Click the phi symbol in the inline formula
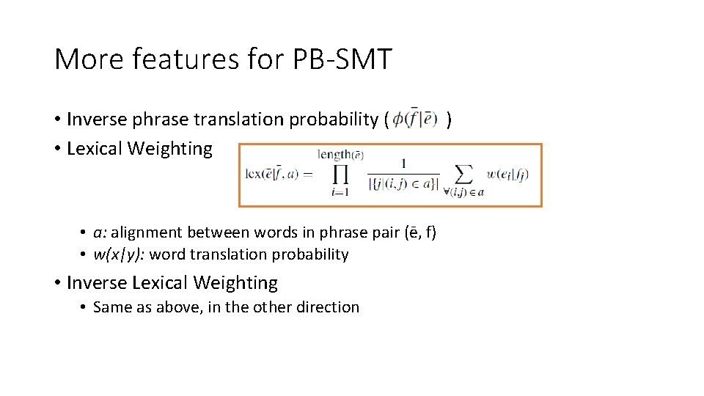pos(398,119)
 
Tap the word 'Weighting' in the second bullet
pos(170,149)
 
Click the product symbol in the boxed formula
pos(339,175)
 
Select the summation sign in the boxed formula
pos(463,175)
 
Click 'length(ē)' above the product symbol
pos(340,155)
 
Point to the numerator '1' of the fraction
pos(404,163)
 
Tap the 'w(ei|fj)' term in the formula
pos(507,175)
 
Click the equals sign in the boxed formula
pos(307,175)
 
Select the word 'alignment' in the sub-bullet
pos(147,232)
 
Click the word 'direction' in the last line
pos(328,307)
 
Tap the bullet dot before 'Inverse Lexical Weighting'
pos(57,283)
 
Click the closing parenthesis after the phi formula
pos(449,119)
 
